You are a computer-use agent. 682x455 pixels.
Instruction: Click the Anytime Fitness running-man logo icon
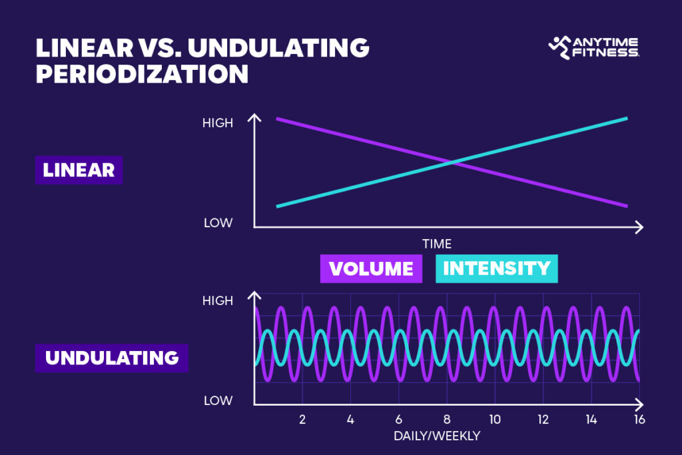[559, 47]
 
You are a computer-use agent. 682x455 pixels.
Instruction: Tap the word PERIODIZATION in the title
[142, 74]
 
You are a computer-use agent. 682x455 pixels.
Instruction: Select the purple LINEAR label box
[79, 170]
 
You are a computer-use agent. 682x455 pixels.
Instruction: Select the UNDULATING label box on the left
[112, 357]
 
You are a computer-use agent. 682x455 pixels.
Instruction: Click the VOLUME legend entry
[371, 268]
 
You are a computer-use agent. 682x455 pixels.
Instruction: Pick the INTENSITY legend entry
[497, 268]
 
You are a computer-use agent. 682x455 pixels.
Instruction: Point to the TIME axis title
[436, 244]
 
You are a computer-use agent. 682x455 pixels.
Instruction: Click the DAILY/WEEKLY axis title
[436, 436]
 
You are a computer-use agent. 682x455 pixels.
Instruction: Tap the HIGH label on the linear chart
[218, 123]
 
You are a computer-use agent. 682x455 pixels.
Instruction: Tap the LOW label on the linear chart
[218, 223]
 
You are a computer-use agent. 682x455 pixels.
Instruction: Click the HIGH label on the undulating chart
[218, 301]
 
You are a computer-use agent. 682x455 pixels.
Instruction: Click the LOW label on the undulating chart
[218, 401]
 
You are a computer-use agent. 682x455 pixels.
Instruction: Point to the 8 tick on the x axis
[446, 420]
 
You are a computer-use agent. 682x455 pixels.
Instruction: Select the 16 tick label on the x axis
[638, 420]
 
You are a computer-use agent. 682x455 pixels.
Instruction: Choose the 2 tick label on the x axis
[302, 420]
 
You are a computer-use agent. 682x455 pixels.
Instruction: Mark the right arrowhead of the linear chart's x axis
[639, 227]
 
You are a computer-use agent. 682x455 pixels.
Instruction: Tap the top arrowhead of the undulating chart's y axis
[254, 295]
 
